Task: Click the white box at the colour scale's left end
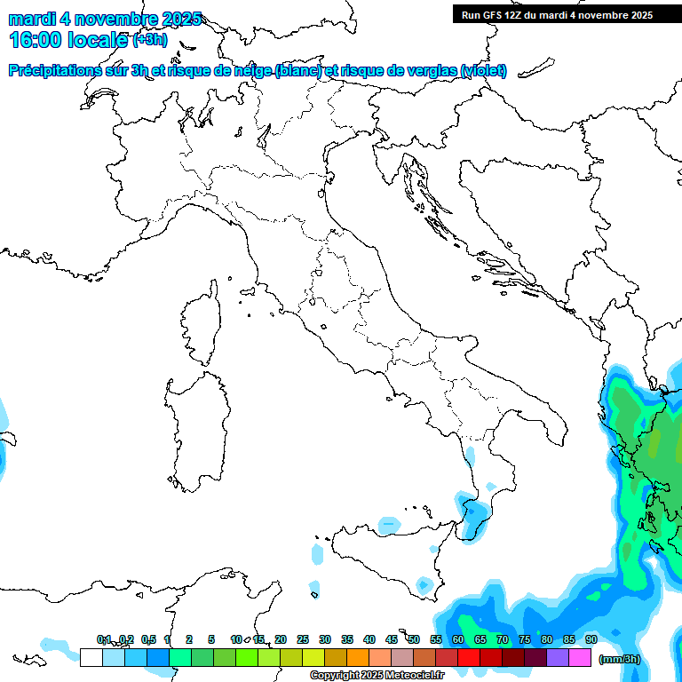tap(91, 657)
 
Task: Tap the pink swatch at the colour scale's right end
tap(580, 657)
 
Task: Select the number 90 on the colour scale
tap(591, 639)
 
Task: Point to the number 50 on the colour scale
tap(414, 639)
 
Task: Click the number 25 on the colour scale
tap(303, 639)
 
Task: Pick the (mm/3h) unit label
tap(619, 659)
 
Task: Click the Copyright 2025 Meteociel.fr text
tap(377, 676)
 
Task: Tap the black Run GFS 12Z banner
tap(557, 15)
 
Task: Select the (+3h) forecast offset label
tap(149, 39)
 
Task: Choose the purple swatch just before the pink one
tap(558, 657)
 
